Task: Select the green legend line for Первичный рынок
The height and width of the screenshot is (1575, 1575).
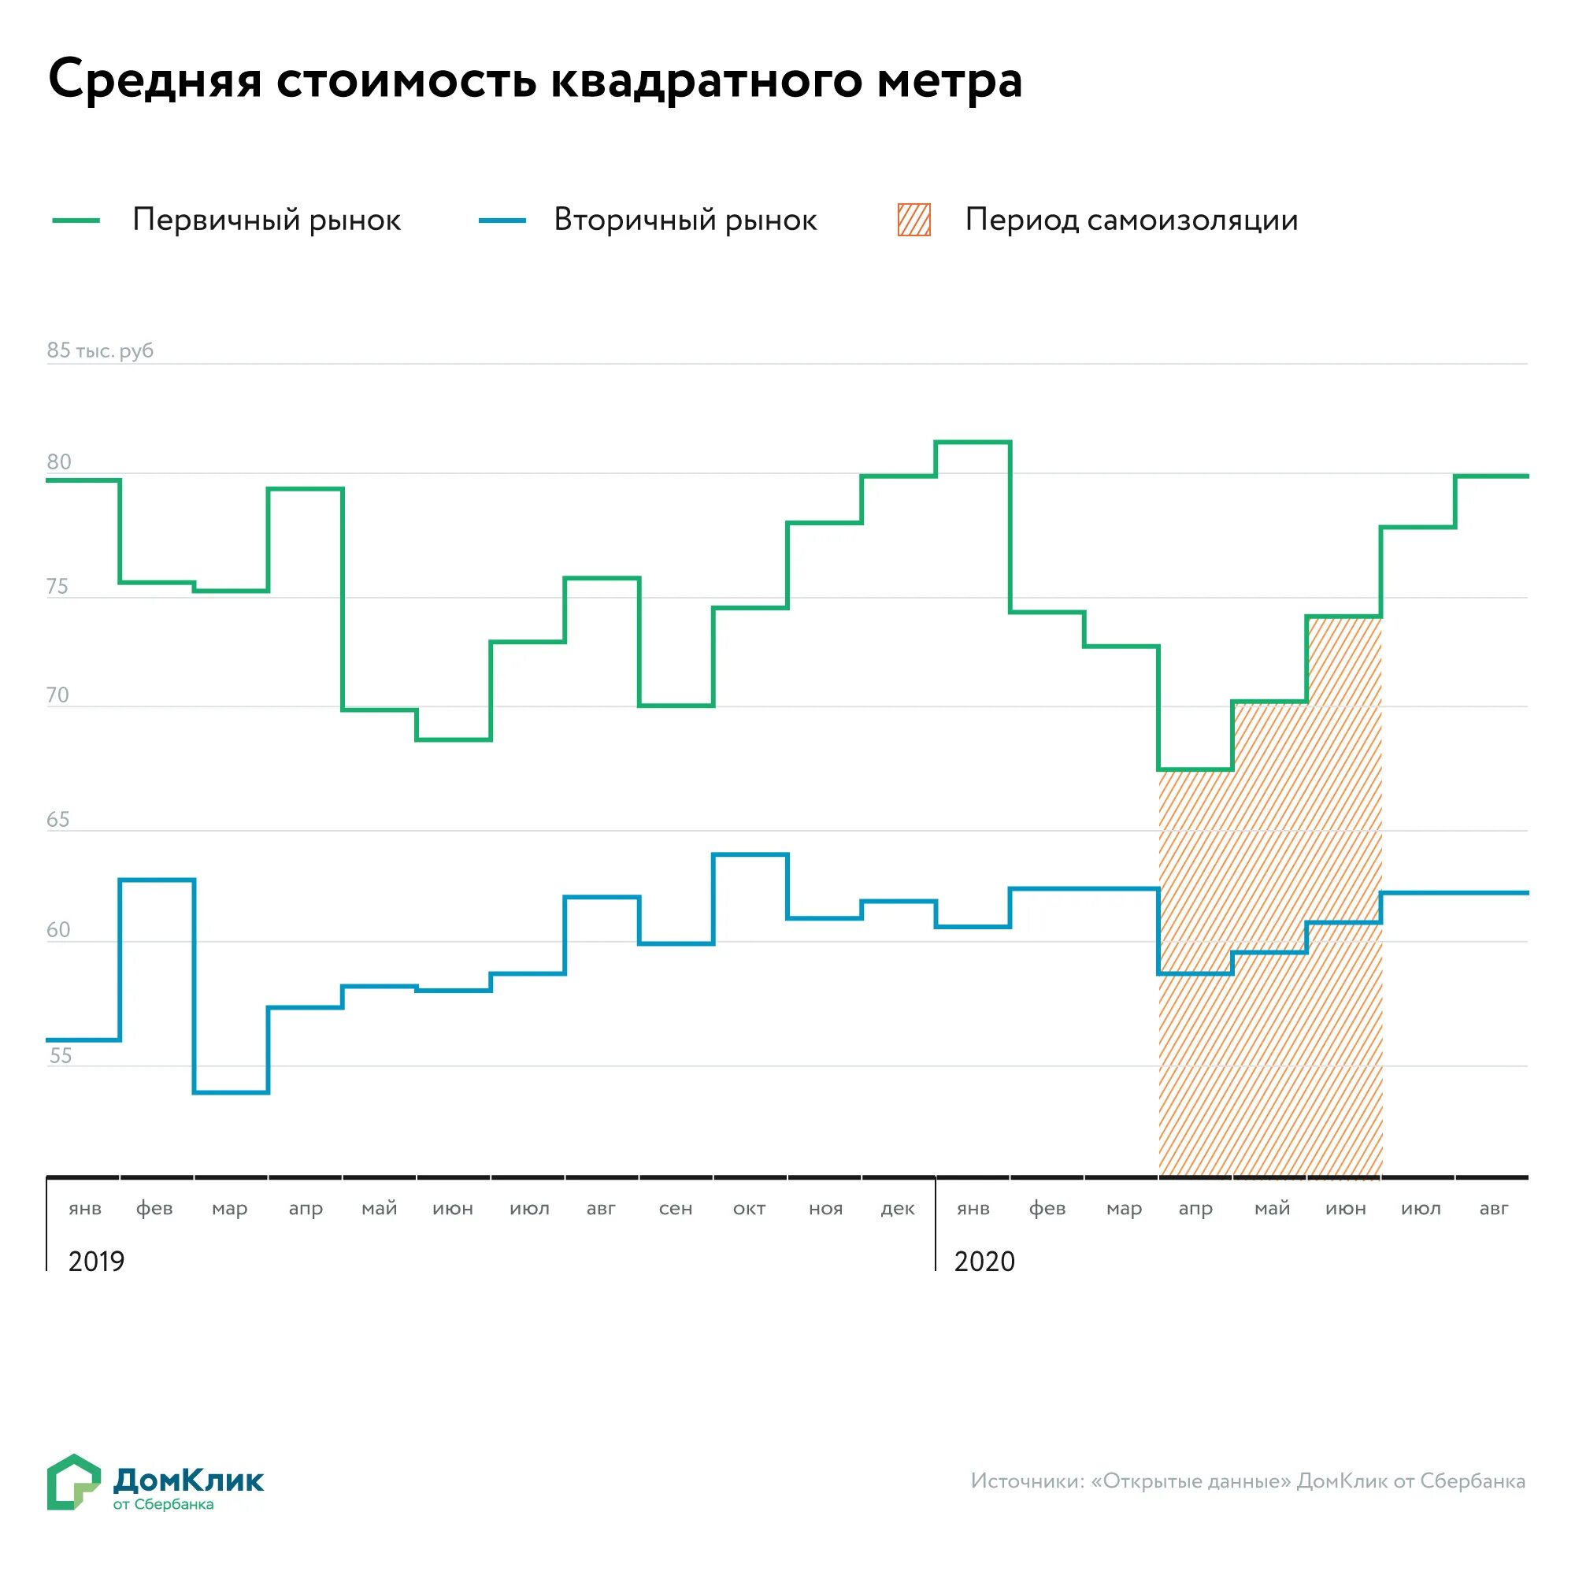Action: tap(76, 220)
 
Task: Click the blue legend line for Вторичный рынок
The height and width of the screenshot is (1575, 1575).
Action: tap(502, 220)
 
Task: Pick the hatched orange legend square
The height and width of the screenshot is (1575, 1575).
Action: tap(913, 220)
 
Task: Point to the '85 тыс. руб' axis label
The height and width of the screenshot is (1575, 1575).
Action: tap(99, 350)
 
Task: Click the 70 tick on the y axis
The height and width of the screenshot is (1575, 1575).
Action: tap(57, 695)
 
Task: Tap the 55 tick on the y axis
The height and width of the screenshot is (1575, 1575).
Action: tap(61, 1056)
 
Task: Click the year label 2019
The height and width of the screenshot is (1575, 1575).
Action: tap(96, 1261)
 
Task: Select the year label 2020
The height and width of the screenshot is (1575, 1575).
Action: tap(984, 1261)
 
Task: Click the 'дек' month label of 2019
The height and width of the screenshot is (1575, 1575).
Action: tap(898, 1208)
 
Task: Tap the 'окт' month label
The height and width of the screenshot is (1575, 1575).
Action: tap(749, 1208)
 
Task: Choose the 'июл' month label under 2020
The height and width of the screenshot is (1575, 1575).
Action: tap(1420, 1208)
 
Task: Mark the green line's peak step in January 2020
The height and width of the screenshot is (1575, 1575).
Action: tap(973, 442)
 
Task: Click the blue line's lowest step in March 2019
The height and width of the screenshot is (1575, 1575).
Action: tap(232, 1092)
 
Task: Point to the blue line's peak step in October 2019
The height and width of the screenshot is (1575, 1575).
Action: tap(750, 854)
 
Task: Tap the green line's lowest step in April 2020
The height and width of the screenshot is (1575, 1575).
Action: tap(1196, 769)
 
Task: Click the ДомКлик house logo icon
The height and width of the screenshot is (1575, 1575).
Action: tap(73, 1481)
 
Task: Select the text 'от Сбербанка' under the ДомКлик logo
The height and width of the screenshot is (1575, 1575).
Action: tap(163, 1505)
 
